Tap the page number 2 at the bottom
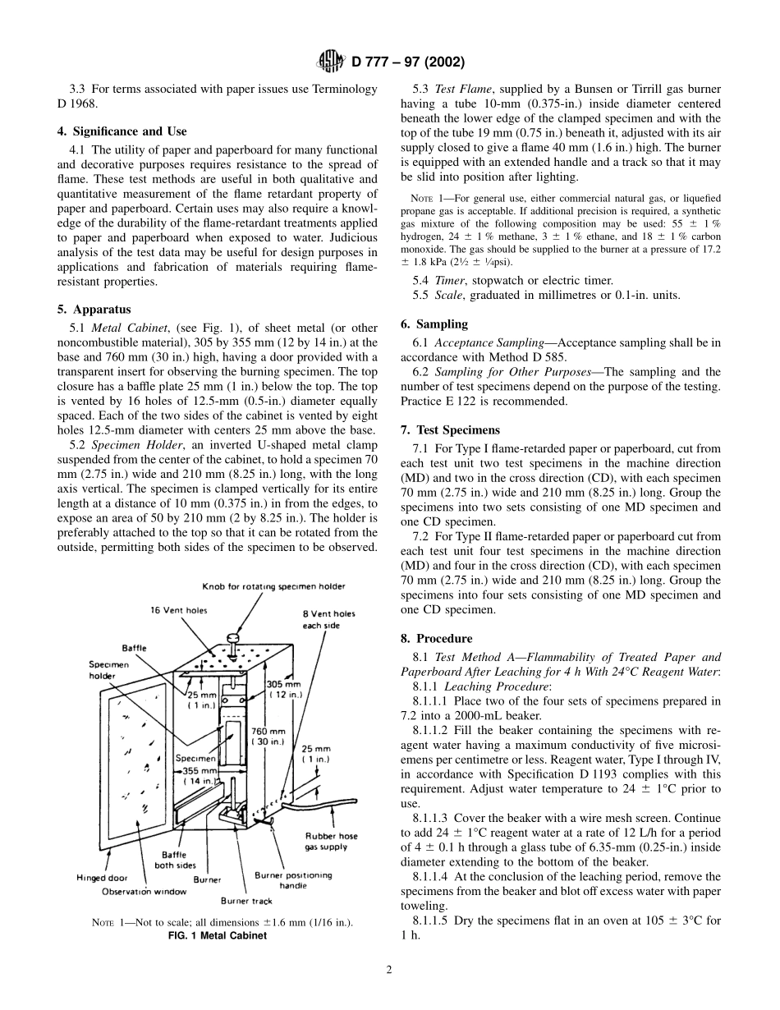click(x=389, y=969)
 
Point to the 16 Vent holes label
click(x=179, y=610)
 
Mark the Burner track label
click(x=245, y=901)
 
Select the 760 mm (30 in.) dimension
click(x=268, y=737)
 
